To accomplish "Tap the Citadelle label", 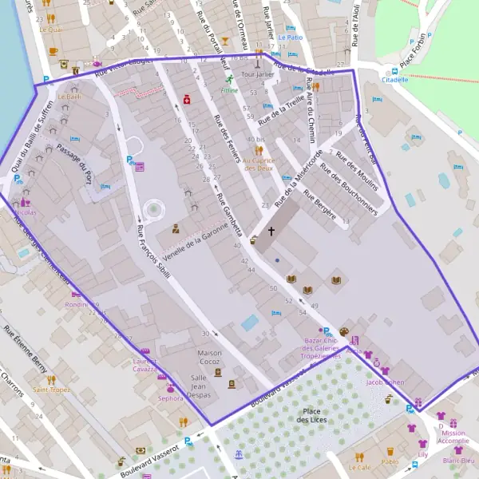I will tap(394, 80).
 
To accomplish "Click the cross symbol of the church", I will tap(271, 232).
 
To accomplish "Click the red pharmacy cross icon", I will tap(186, 100).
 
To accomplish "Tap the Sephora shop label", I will tap(171, 398).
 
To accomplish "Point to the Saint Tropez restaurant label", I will tap(51, 390).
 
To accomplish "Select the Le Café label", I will tap(359, 468).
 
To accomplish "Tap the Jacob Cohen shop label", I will tap(386, 382).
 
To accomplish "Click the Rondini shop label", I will tap(80, 303).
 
